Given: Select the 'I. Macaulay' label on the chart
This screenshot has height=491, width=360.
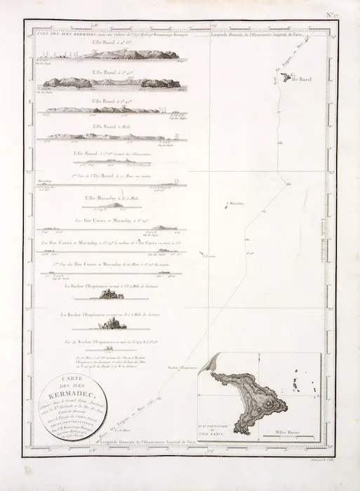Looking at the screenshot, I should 236,203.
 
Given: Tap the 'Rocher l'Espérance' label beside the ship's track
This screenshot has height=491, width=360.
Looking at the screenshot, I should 182,367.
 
